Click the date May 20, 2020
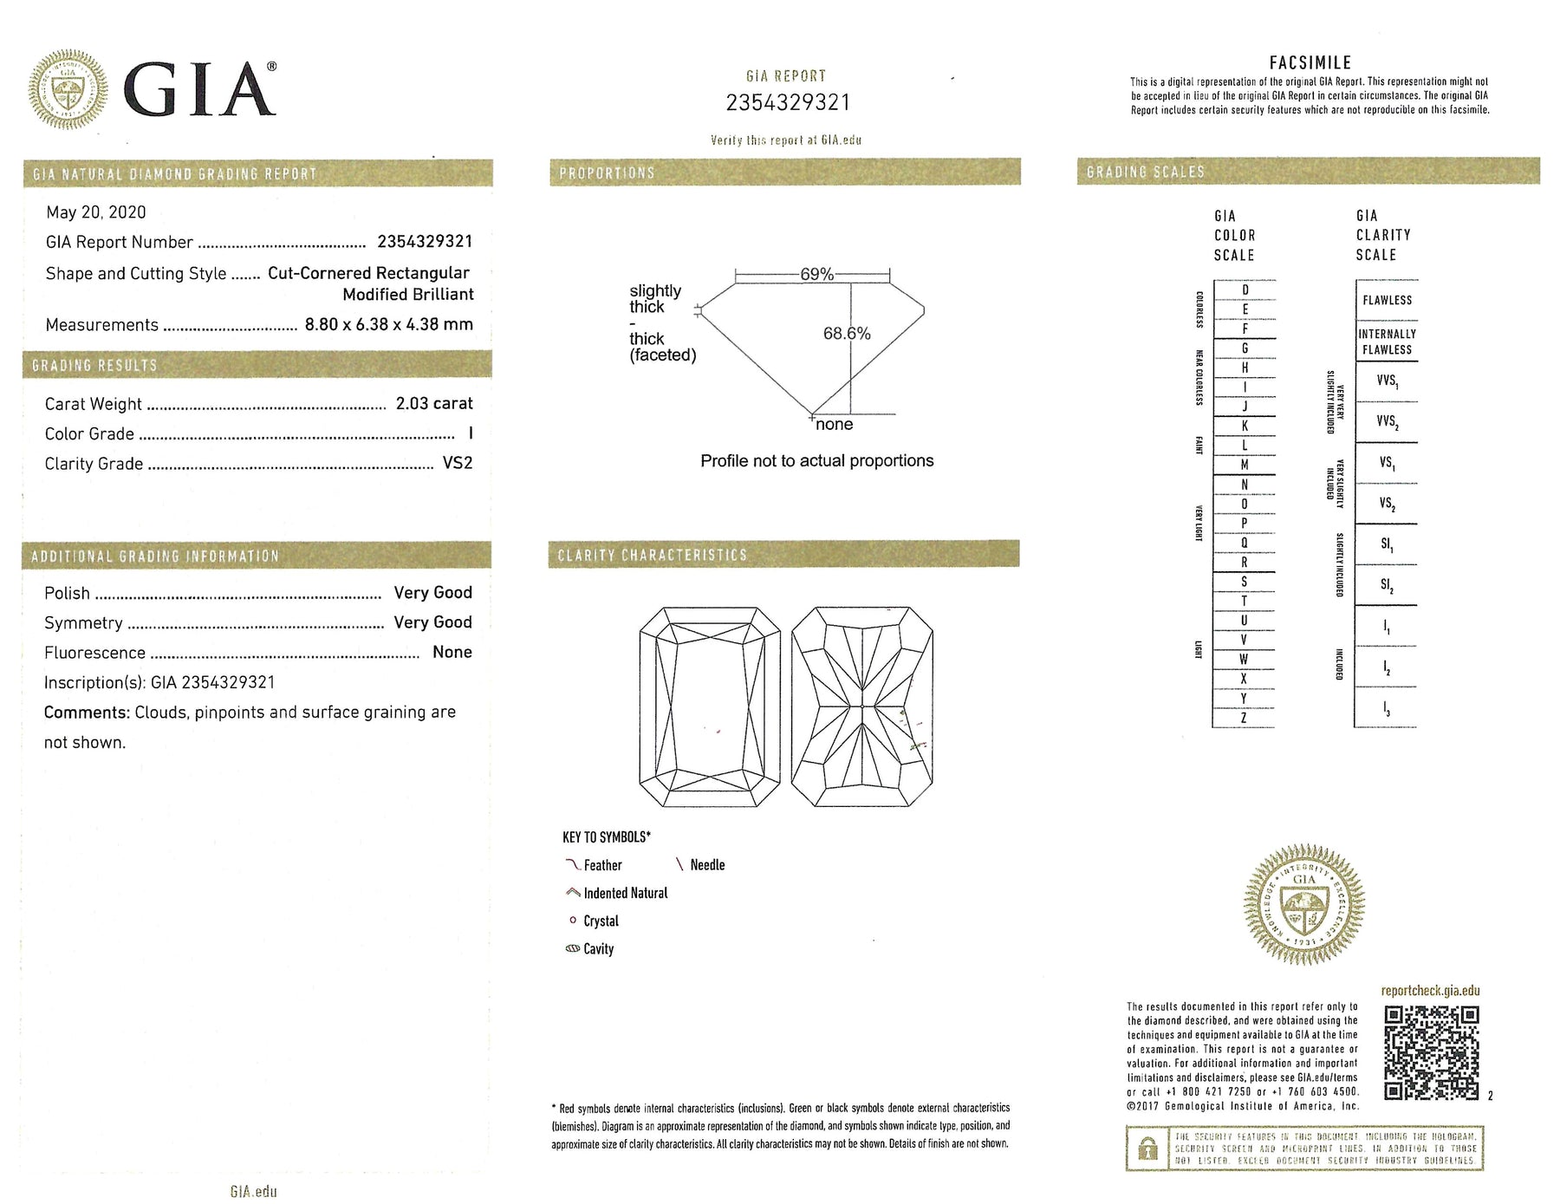pos(95,212)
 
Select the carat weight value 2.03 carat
pos(434,403)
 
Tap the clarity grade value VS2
pos(458,463)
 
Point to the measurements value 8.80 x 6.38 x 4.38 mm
pos(388,324)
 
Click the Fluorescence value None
pos(452,652)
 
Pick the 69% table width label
pos(816,274)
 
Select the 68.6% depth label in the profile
pos(847,334)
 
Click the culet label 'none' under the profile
pos(834,424)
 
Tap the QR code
pos(1431,1052)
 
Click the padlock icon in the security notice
pos(1147,1149)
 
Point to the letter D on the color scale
pos(1245,290)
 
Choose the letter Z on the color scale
pos(1244,718)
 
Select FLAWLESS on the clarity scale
pos(1387,300)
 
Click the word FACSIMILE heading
pos(1310,62)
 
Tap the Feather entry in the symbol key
pos(602,865)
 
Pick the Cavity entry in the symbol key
pos(598,949)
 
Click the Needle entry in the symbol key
pos(707,865)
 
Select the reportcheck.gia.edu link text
pos(1430,991)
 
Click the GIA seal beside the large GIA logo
pos(68,89)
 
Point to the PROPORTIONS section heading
pos(607,172)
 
